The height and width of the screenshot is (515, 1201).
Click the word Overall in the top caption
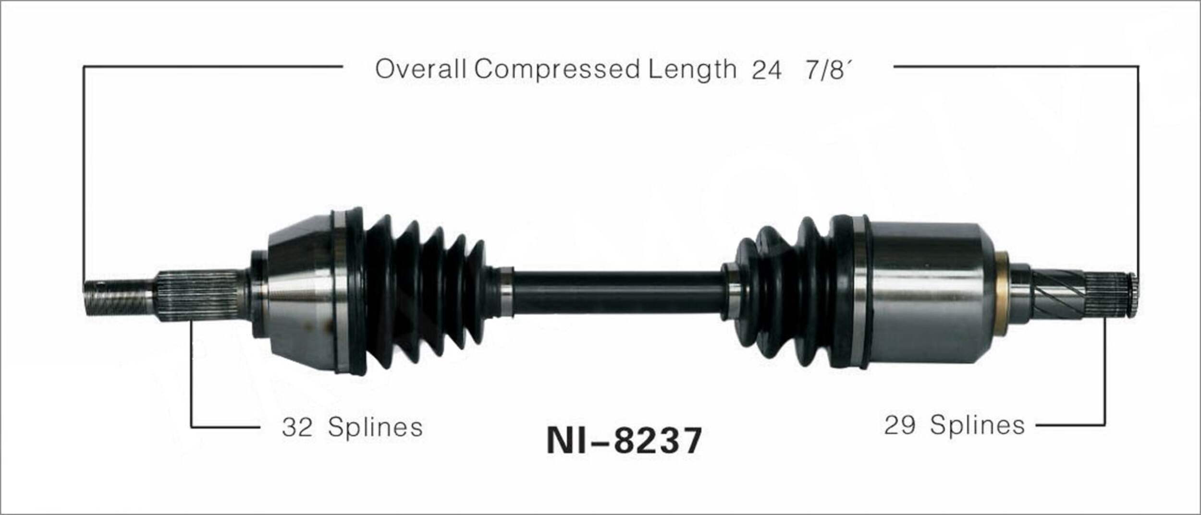point(420,69)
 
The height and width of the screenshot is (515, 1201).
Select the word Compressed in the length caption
point(557,69)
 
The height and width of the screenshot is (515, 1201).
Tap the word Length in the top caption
point(692,69)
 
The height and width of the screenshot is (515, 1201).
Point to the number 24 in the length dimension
point(766,71)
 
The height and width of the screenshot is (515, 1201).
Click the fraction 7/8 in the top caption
point(825,71)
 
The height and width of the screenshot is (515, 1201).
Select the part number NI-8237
point(624,441)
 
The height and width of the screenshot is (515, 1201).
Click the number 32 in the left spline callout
point(297,427)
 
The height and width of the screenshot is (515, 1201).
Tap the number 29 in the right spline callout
point(900,426)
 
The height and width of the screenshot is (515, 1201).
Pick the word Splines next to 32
point(375,427)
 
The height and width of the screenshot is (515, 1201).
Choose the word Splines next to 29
point(977,426)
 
